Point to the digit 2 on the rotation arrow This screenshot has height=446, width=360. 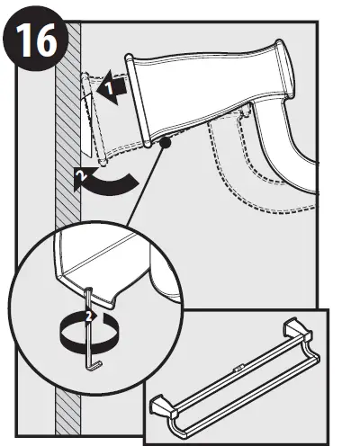tap(88, 317)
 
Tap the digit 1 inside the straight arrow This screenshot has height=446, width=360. tap(107, 89)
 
